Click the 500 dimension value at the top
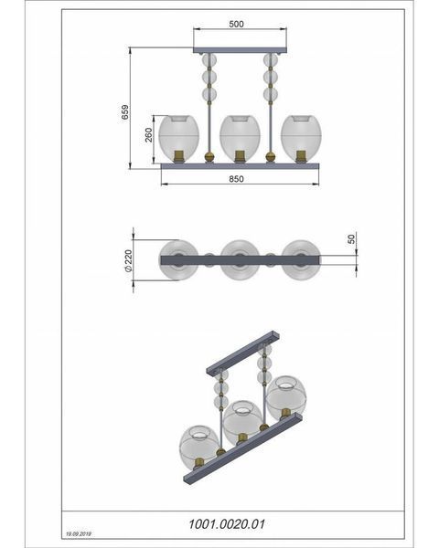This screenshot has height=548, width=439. [236, 24]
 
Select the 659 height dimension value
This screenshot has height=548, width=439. [125, 112]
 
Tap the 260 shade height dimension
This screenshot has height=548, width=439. [149, 135]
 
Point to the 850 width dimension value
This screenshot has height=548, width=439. [236, 179]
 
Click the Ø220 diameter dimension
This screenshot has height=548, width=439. [128, 260]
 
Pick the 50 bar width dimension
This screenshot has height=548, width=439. [351, 239]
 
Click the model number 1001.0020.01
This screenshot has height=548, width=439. [227, 524]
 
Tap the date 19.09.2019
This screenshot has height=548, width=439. [79, 534]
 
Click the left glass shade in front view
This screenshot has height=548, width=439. [179, 137]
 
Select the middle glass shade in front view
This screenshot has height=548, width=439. [240, 137]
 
